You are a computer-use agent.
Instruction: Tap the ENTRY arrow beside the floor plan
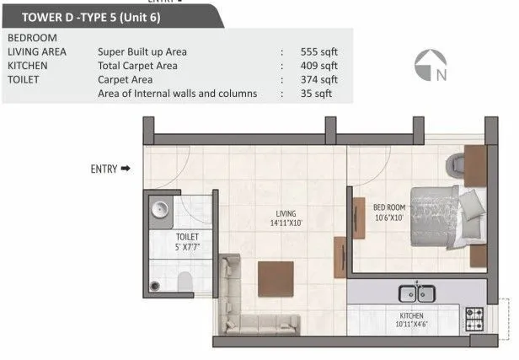click(x=126, y=169)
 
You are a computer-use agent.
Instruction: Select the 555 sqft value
click(x=319, y=51)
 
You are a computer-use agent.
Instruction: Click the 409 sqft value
click(x=319, y=65)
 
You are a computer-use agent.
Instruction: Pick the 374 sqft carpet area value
click(x=319, y=79)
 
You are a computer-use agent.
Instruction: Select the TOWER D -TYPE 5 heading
click(x=113, y=15)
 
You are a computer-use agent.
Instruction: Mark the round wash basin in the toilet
click(x=158, y=211)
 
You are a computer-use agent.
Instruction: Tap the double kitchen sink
click(x=415, y=294)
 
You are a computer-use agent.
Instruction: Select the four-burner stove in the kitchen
click(x=474, y=319)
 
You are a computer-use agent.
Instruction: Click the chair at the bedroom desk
click(x=456, y=161)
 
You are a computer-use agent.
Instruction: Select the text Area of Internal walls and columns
click(x=178, y=94)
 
